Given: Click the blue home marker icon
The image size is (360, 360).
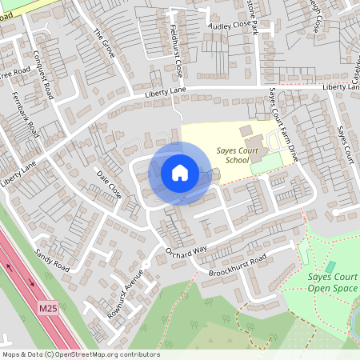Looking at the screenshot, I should pyautogui.click(x=180, y=173).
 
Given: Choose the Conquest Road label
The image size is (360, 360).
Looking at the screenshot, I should pyautogui.click(x=46, y=75).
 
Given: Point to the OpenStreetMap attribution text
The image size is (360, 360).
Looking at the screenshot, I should pyautogui.click(x=80, y=354).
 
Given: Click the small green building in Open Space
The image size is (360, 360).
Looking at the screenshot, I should pyautogui.click(x=330, y=266).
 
